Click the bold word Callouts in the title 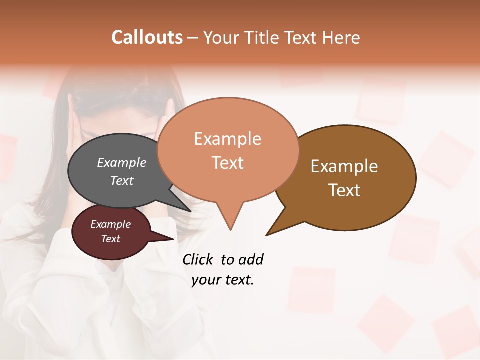[147, 37]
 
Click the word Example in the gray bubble [122, 162]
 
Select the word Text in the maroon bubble [111, 239]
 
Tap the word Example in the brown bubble [344, 166]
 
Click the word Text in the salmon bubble [228, 163]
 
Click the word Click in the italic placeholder [198, 259]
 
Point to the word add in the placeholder [250, 259]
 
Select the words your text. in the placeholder [223, 280]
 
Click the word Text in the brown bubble [345, 190]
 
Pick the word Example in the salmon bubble [228, 139]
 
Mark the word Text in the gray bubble [122, 180]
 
